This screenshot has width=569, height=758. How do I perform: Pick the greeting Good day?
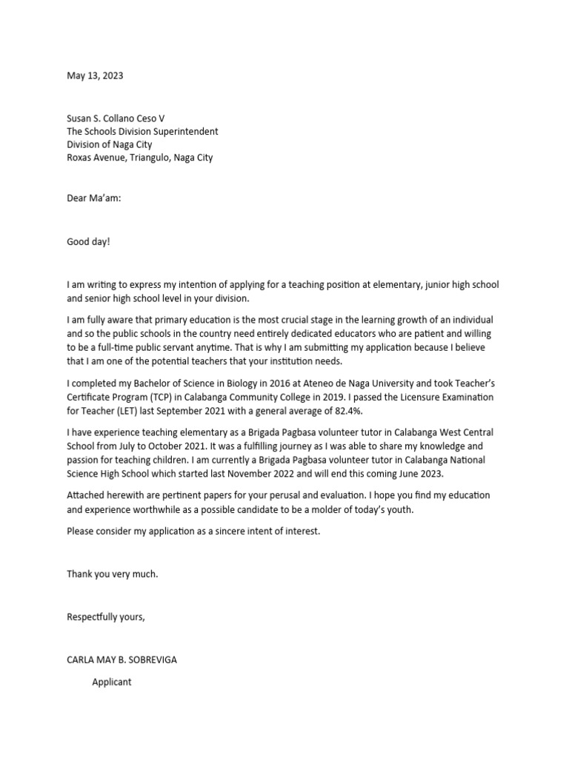(88, 241)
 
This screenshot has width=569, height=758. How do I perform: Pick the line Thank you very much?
(113, 574)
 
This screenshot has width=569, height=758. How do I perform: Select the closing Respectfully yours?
(106, 617)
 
